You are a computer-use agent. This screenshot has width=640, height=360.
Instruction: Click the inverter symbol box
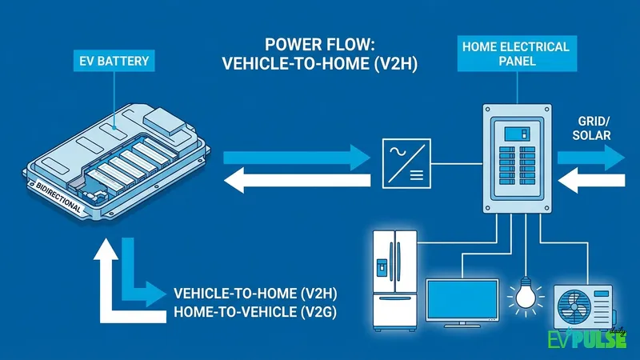coord(405,163)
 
